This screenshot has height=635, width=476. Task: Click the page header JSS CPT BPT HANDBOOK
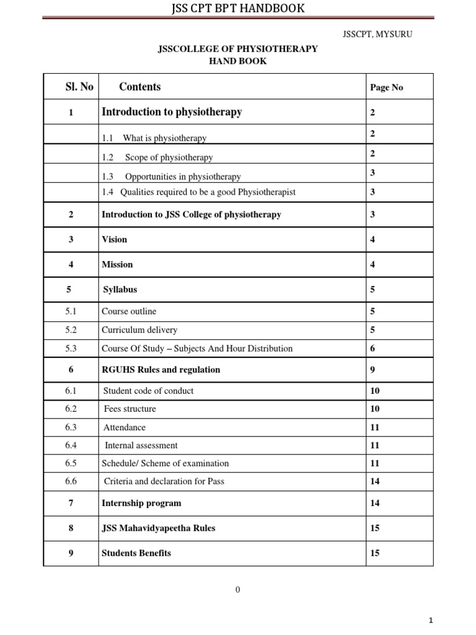click(x=238, y=8)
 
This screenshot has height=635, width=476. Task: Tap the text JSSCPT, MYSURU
click(x=377, y=33)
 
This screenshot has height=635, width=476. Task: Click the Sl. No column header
click(x=79, y=87)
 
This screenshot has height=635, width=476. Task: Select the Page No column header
click(x=386, y=87)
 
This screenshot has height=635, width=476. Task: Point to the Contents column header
click(x=139, y=87)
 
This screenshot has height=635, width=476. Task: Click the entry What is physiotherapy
click(x=164, y=138)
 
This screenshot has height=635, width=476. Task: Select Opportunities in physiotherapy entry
click(x=182, y=177)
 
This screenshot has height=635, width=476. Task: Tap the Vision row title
click(x=114, y=239)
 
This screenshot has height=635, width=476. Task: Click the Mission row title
click(x=117, y=264)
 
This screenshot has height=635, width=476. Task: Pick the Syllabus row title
click(x=120, y=290)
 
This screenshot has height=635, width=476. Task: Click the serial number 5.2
click(x=71, y=330)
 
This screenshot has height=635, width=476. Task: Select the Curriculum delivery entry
click(x=139, y=330)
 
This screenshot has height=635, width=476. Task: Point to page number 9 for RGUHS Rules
click(x=372, y=370)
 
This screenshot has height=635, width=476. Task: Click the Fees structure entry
click(x=130, y=409)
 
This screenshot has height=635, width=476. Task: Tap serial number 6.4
click(x=71, y=445)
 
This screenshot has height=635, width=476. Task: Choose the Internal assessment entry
click(x=141, y=445)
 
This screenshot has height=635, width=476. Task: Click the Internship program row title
click(x=141, y=503)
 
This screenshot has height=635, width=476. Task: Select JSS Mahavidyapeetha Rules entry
click(x=158, y=528)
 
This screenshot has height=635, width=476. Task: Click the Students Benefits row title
click(x=136, y=553)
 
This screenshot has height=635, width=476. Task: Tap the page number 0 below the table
click(x=237, y=590)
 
